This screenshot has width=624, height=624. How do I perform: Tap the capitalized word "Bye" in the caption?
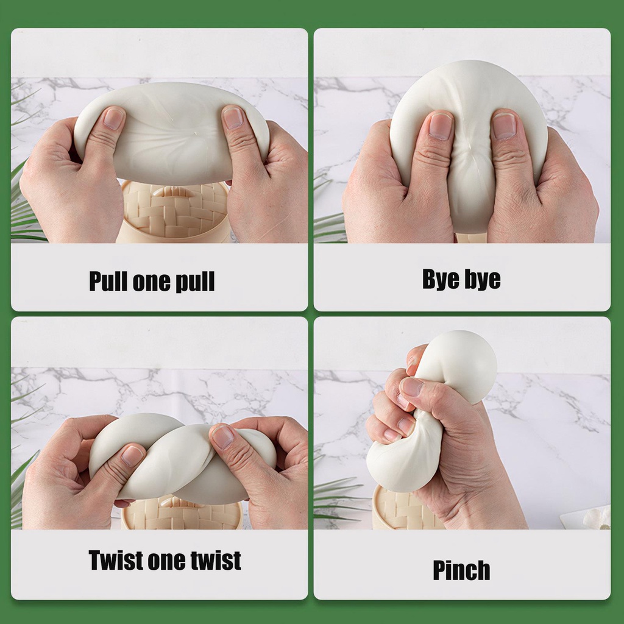point(439,279)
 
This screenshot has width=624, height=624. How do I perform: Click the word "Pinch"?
point(461,570)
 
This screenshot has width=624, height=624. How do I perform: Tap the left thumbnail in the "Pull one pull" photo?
point(113,118)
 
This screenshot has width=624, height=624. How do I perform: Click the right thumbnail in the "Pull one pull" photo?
point(233,118)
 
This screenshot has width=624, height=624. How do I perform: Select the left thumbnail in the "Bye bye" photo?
point(441,126)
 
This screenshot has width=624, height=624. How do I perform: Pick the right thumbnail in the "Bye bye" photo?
point(504,126)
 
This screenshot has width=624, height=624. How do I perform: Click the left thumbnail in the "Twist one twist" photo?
point(132,456)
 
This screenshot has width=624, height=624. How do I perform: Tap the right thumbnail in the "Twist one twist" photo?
point(223,436)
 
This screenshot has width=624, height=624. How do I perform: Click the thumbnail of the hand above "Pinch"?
point(412,386)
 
